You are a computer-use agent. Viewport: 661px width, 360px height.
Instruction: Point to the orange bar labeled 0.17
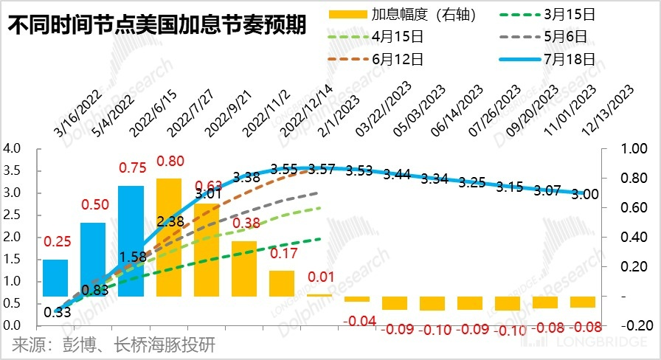tap(282, 283)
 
